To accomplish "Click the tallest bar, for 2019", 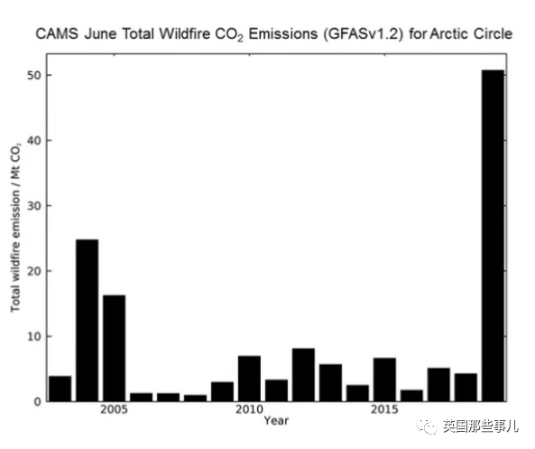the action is click(493, 236).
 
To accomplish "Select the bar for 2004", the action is click(87, 320).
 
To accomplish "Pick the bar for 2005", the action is click(114, 348).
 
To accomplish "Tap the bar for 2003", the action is click(60, 388).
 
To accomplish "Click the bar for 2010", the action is click(249, 379).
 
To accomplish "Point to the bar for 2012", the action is click(304, 375).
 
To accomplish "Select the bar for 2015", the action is click(384, 379).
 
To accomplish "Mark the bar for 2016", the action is click(411, 396).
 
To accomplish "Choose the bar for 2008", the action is click(195, 398).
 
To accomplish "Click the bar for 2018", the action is click(466, 388).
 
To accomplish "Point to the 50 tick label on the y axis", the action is click(34, 76).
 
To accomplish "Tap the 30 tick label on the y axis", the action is click(34, 206).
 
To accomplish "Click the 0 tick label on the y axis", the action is click(38, 402).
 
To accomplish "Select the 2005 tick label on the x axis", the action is click(114, 409).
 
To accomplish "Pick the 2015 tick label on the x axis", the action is click(384, 409).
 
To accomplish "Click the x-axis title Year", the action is click(276, 421).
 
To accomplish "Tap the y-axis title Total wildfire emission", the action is click(15, 251).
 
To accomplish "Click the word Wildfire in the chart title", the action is click(185, 33).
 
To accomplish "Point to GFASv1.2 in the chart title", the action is click(362, 34).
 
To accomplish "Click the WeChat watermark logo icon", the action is click(427, 426).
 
